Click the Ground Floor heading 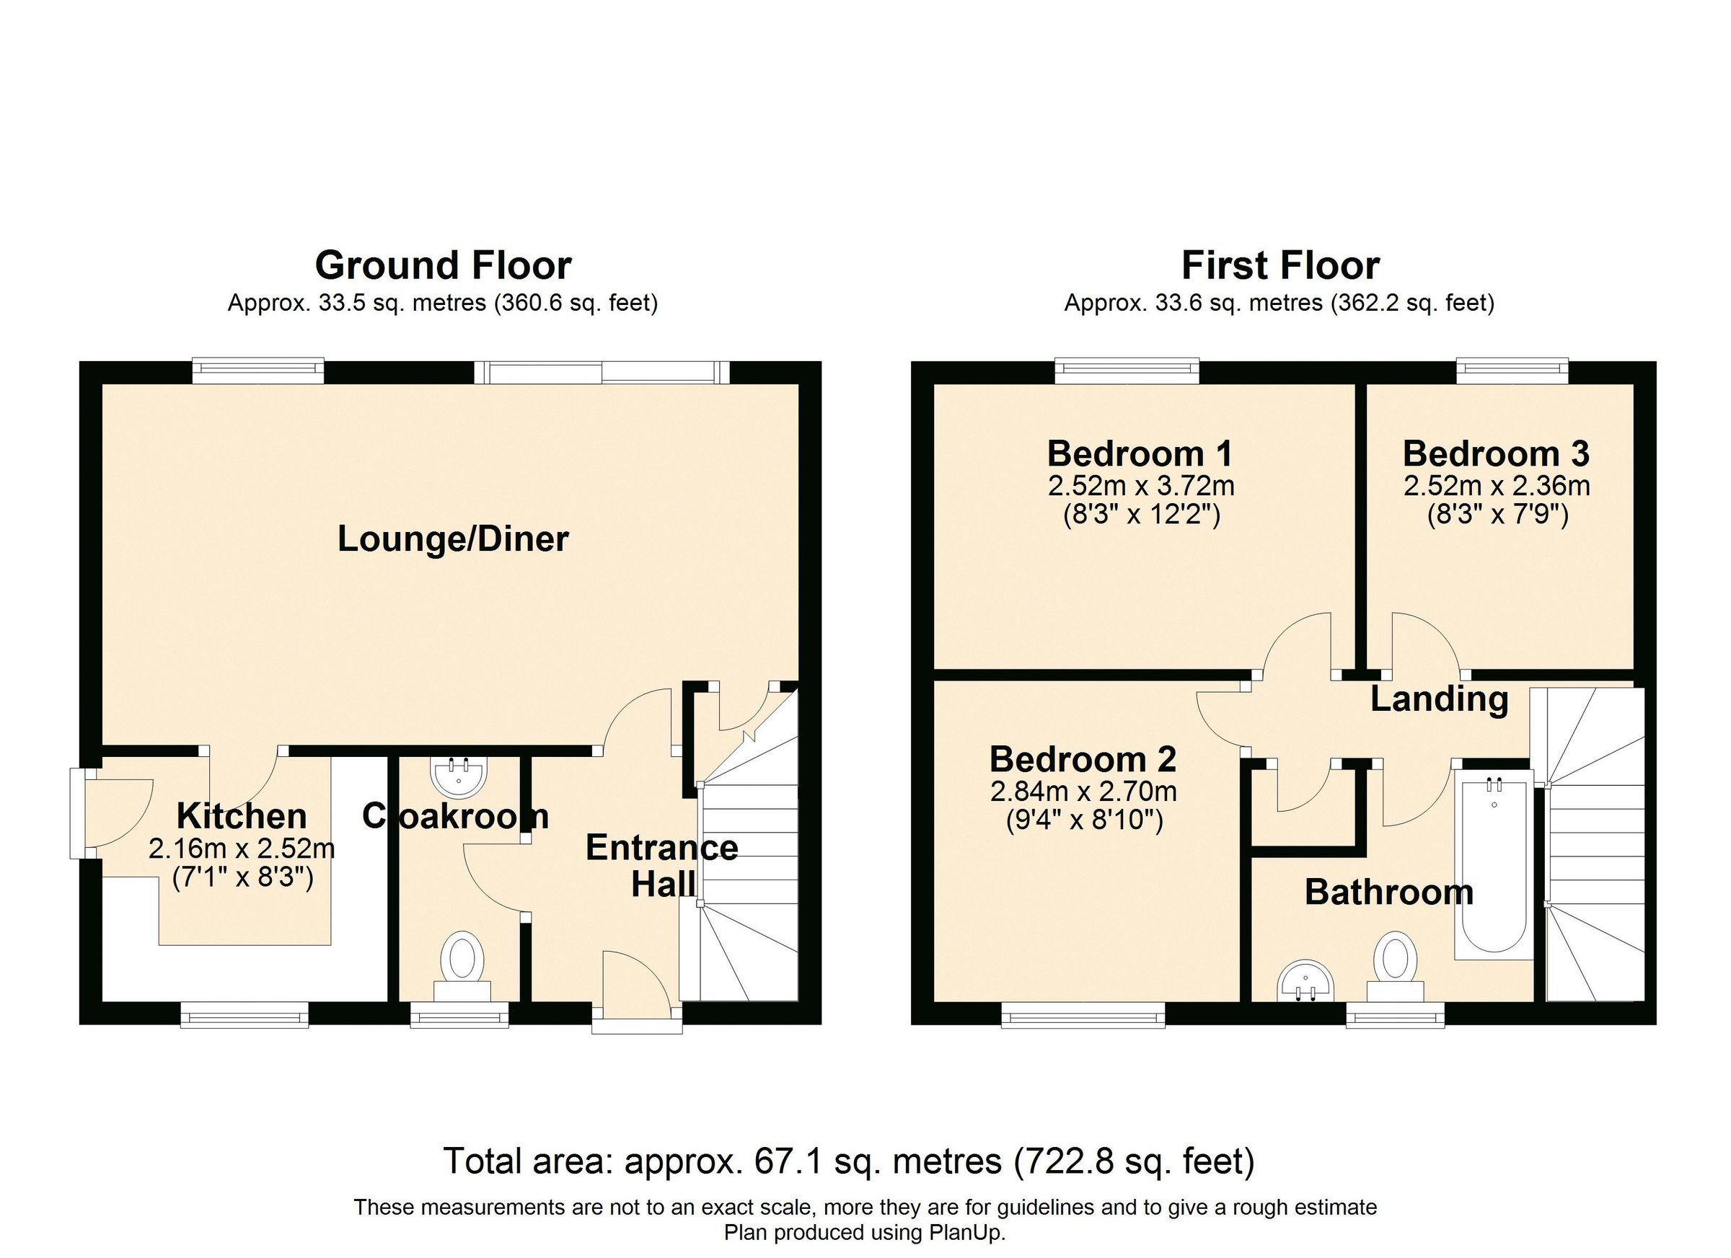click(x=443, y=266)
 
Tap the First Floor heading click(x=1280, y=266)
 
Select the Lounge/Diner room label click(x=453, y=539)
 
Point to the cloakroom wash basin click(x=459, y=776)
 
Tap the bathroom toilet click(x=1395, y=962)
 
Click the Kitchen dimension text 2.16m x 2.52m click(x=242, y=849)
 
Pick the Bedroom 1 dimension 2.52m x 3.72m click(x=1141, y=485)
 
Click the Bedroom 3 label click(x=1496, y=454)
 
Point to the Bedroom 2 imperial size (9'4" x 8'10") click(x=1083, y=822)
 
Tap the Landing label click(x=1439, y=699)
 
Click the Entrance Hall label click(x=661, y=866)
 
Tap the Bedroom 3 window click(x=1512, y=371)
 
